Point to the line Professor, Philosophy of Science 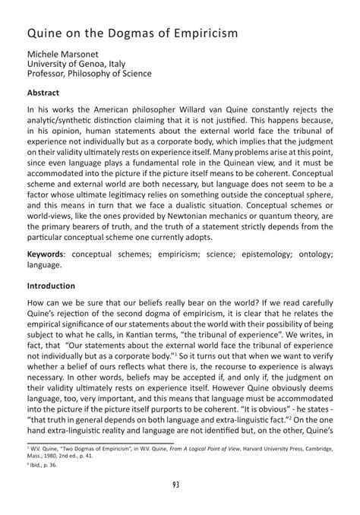pyautogui.click(x=90, y=74)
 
